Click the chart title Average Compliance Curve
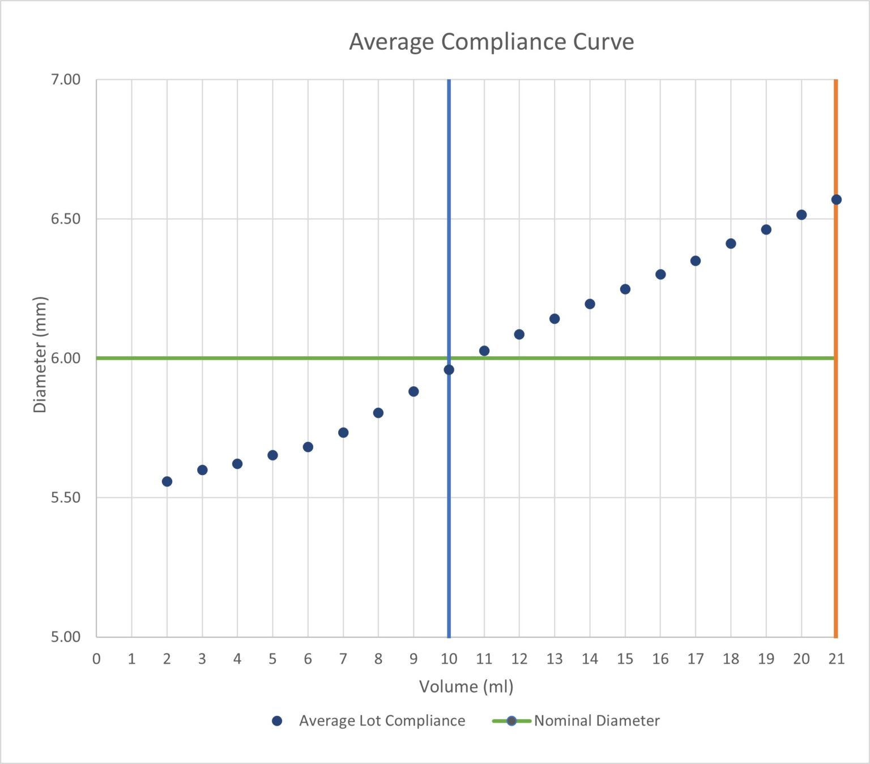(x=491, y=42)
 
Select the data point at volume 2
(x=167, y=481)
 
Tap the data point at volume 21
(x=836, y=199)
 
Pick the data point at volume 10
(x=449, y=370)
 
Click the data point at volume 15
(x=625, y=289)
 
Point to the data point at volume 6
(x=308, y=447)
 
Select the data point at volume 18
(x=731, y=244)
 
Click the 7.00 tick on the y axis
(x=66, y=79)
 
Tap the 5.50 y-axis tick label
(x=66, y=497)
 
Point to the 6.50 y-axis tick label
(x=66, y=219)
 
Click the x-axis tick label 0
(x=96, y=659)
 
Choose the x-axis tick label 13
(x=555, y=659)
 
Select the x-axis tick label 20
(x=801, y=659)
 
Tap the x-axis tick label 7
(x=343, y=659)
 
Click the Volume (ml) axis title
(x=466, y=686)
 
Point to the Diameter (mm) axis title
(x=40, y=355)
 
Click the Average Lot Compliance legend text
(x=382, y=720)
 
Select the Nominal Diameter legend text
(x=596, y=720)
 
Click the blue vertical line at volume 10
(x=449, y=510)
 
